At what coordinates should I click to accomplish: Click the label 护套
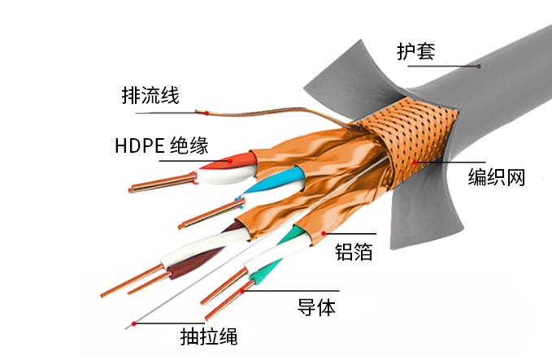[x=415, y=52]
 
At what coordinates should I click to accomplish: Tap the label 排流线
[x=150, y=95]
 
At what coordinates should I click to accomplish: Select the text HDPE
[x=140, y=145]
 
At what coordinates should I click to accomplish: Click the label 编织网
[x=497, y=177]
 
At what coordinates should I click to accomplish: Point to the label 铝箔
[x=354, y=252]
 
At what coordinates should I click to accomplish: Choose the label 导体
[x=316, y=307]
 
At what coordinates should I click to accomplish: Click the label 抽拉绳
[x=209, y=336]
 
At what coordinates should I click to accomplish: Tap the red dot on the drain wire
[x=206, y=113]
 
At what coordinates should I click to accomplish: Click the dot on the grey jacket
[x=479, y=66]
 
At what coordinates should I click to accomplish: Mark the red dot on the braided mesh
[x=415, y=163]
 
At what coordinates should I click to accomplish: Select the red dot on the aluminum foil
[x=324, y=233]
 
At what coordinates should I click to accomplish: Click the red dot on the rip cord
[x=134, y=323]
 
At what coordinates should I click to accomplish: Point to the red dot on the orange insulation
[x=230, y=161]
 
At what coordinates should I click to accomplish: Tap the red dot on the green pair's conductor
[x=242, y=292]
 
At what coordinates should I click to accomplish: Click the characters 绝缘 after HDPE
[x=189, y=145]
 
